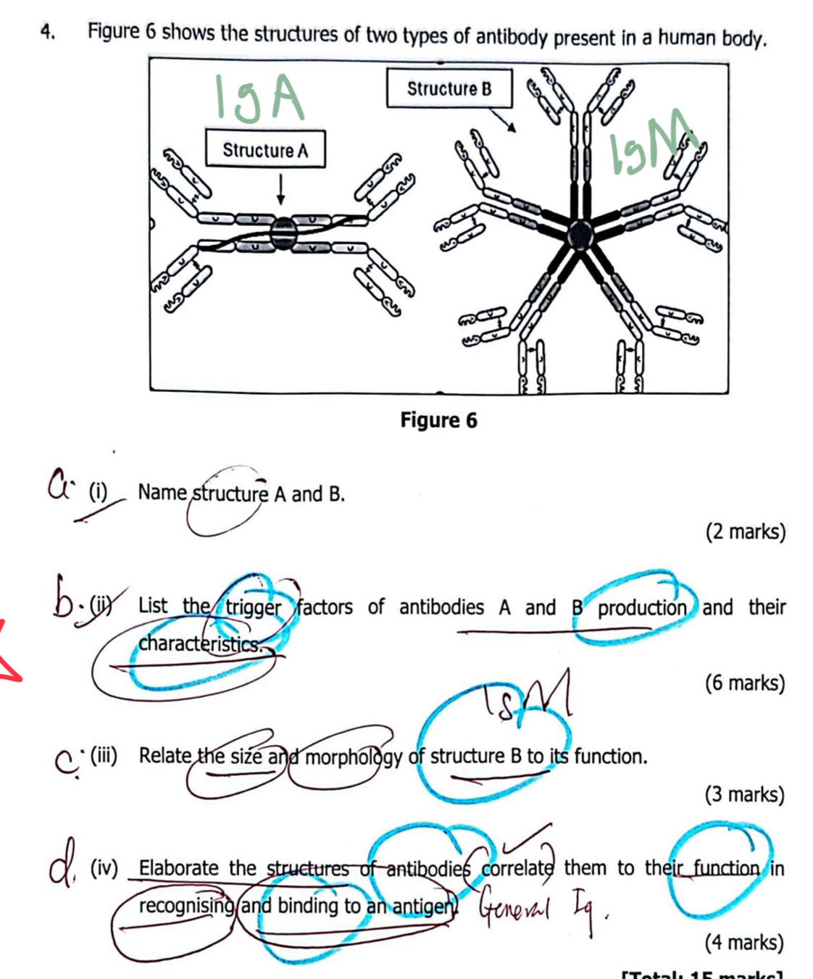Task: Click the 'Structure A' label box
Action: [265, 149]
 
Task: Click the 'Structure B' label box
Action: [449, 88]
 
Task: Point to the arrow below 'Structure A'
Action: [281, 191]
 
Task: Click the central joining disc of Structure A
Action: [283, 233]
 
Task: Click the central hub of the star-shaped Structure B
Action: [580, 234]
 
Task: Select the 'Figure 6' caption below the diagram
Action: [438, 420]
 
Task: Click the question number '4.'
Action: [49, 32]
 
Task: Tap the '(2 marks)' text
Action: [746, 532]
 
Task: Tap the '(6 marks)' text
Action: [745, 683]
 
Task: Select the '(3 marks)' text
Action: [745, 794]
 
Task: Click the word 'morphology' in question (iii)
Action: [353, 757]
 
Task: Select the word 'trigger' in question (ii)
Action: [253, 607]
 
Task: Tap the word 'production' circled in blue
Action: [641, 607]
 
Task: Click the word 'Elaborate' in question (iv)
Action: [178, 867]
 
